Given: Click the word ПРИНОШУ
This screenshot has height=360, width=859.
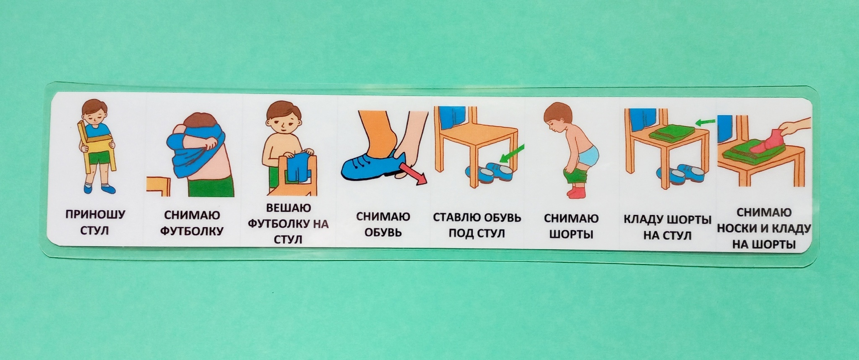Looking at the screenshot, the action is pos(95,215).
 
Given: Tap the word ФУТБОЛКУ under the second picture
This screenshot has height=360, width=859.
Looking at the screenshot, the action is pos(192,231).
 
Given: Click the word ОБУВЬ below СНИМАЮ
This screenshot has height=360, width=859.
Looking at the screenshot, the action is pos(383,232).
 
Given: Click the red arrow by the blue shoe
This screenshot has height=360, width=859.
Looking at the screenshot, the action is pos(413,173).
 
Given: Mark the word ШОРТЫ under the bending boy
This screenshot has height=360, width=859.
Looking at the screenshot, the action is pos(571,234).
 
